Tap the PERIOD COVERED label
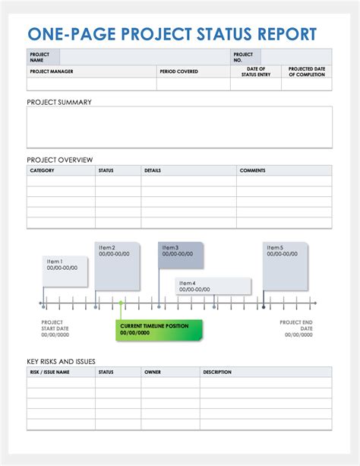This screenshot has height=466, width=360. (178, 71)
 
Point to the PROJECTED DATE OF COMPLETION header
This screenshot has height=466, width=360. (307, 71)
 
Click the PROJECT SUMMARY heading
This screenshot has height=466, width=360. (59, 102)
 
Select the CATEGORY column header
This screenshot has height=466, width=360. (43, 170)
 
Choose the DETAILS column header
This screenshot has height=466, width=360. (153, 170)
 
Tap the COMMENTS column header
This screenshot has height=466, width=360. (253, 170)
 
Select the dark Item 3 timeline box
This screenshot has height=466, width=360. (181, 255)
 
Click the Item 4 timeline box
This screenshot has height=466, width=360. (213, 286)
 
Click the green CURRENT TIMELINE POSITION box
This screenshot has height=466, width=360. (149, 329)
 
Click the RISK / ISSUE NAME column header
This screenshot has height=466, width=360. (50, 372)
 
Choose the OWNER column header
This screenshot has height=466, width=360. (153, 372)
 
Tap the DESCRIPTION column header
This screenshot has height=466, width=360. (217, 372)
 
